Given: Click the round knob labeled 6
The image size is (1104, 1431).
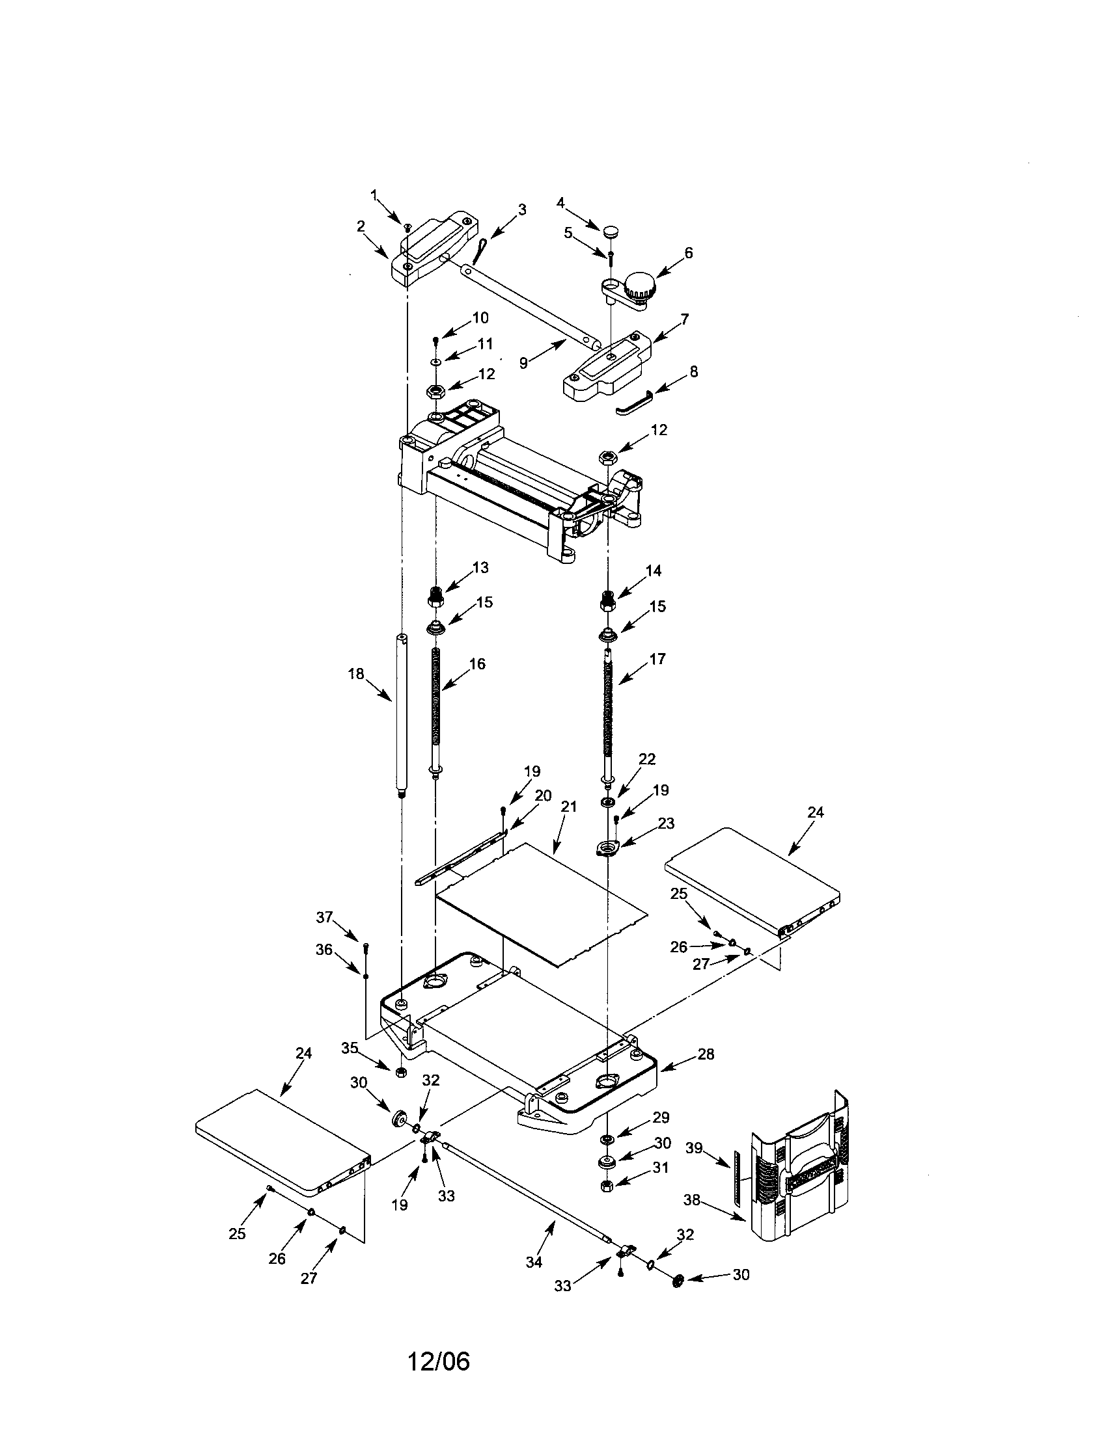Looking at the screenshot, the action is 639,286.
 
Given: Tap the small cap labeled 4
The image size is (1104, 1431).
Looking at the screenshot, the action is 611,232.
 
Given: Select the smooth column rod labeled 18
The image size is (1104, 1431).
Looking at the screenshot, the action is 402,715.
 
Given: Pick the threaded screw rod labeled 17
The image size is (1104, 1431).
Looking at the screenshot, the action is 609,714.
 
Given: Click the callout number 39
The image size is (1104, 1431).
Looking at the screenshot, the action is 695,1148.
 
